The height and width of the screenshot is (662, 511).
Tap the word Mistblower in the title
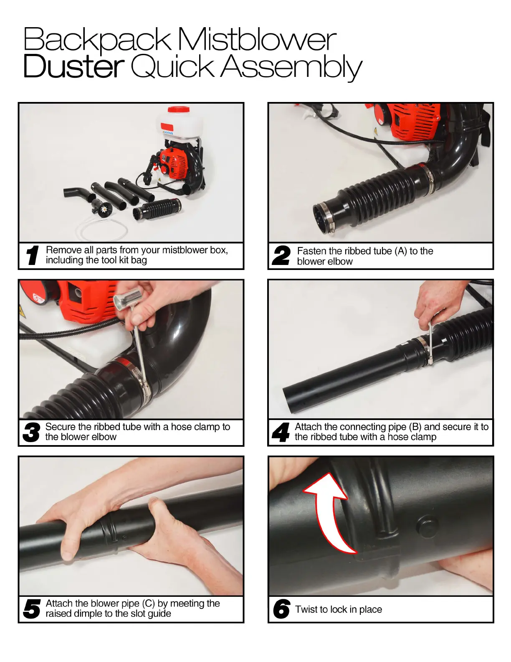click(x=257, y=39)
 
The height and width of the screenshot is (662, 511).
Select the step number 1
click(x=33, y=255)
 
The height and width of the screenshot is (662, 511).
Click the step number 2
click(x=281, y=255)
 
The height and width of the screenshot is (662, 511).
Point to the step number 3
click(x=31, y=432)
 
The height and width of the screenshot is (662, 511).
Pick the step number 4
click(x=281, y=432)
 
